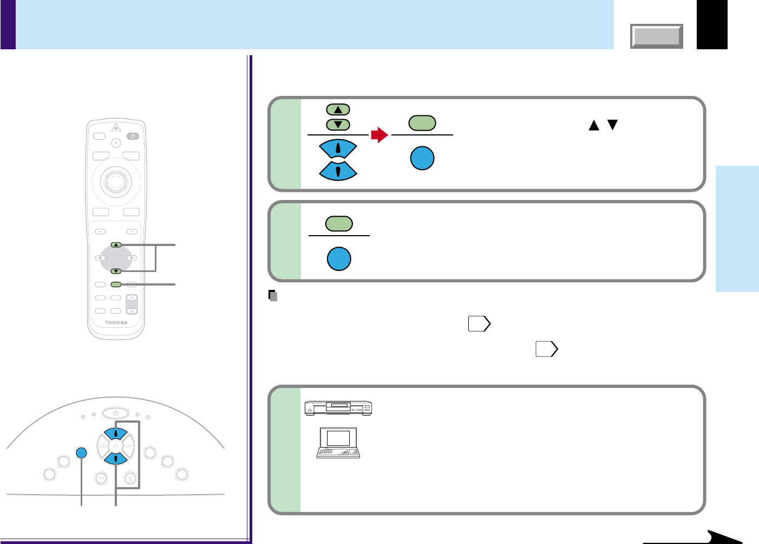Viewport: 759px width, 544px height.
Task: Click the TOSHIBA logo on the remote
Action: pos(116,322)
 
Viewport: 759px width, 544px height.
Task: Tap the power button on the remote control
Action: pos(133,135)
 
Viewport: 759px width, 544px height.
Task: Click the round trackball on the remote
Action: pos(116,181)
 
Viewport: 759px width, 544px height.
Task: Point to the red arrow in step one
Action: pos(380,135)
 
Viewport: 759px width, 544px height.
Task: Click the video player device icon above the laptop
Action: pos(338,408)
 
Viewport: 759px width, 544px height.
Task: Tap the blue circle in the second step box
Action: pos(339,258)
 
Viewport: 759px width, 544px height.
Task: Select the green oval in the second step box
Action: pos(339,224)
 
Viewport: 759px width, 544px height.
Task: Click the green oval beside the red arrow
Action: pos(422,123)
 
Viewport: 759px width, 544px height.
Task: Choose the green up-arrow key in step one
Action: pos(338,109)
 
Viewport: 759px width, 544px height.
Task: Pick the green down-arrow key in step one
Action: pos(338,125)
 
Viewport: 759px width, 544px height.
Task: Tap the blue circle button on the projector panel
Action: pos(81,453)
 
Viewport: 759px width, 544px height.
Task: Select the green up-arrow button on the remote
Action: pos(116,245)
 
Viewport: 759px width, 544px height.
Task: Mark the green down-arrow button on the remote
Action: pos(116,271)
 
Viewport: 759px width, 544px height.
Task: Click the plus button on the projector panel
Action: pos(130,478)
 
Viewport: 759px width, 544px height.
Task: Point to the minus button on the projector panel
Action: pos(101,478)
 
